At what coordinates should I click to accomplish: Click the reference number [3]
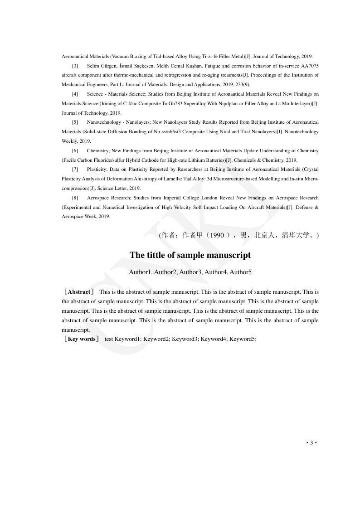[75, 66]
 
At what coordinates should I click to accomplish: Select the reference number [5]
[75, 122]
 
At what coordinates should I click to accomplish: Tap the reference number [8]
[75, 198]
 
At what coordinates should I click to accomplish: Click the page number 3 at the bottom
[311, 443]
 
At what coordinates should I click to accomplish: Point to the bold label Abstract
[79, 292]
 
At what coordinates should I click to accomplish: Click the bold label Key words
[82, 339]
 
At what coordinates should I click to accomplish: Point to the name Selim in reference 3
[94, 66]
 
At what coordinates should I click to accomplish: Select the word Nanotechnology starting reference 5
[102, 122]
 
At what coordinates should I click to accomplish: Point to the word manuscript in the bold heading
[227, 255]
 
